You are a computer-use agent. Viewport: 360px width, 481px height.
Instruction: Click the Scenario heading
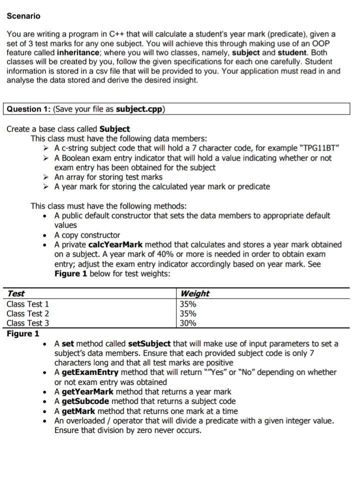[x=23, y=16]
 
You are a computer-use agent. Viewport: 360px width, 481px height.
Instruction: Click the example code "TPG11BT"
[x=319, y=148]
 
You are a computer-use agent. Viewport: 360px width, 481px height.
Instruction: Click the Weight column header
[x=195, y=293]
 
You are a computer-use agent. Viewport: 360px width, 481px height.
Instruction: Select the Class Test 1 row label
[x=28, y=304]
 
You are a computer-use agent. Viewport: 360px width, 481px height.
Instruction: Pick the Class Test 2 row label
[x=28, y=313]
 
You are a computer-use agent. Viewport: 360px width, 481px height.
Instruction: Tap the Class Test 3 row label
[x=28, y=323]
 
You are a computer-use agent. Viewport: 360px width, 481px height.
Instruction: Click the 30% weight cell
[x=188, y=323]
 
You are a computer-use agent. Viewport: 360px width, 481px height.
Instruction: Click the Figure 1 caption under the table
[x=22, y=333]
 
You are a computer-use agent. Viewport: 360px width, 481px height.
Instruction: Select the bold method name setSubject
[x=149, y=343]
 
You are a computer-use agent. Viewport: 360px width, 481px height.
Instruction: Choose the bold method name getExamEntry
[x=90, y=372]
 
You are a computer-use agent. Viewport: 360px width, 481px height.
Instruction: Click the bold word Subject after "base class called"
[x=114, y=128]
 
